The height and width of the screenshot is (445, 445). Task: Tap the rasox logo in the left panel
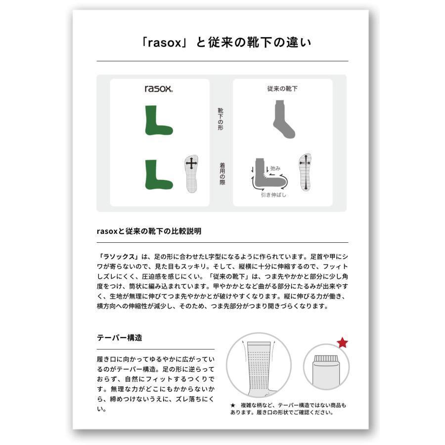tap(158, 89)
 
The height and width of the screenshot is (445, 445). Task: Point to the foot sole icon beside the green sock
tap(191, 174)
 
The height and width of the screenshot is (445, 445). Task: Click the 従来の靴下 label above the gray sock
tap(282, 89)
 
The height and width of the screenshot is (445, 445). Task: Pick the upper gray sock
tap(283, 119)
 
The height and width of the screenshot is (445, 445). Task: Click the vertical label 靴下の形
tap(221, 119)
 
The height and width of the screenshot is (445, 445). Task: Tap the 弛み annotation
tap(274, 168)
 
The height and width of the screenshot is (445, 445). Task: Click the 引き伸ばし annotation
tap(273, 195)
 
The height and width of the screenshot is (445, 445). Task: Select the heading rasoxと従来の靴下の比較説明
tap(149, 231)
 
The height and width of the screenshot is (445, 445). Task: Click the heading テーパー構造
tap(120, 338)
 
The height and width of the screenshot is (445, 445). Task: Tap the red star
tap(342, 343)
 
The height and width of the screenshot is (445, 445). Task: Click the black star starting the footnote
tap(232, 405)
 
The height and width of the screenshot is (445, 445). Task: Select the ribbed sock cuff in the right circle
tap(326, 356)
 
